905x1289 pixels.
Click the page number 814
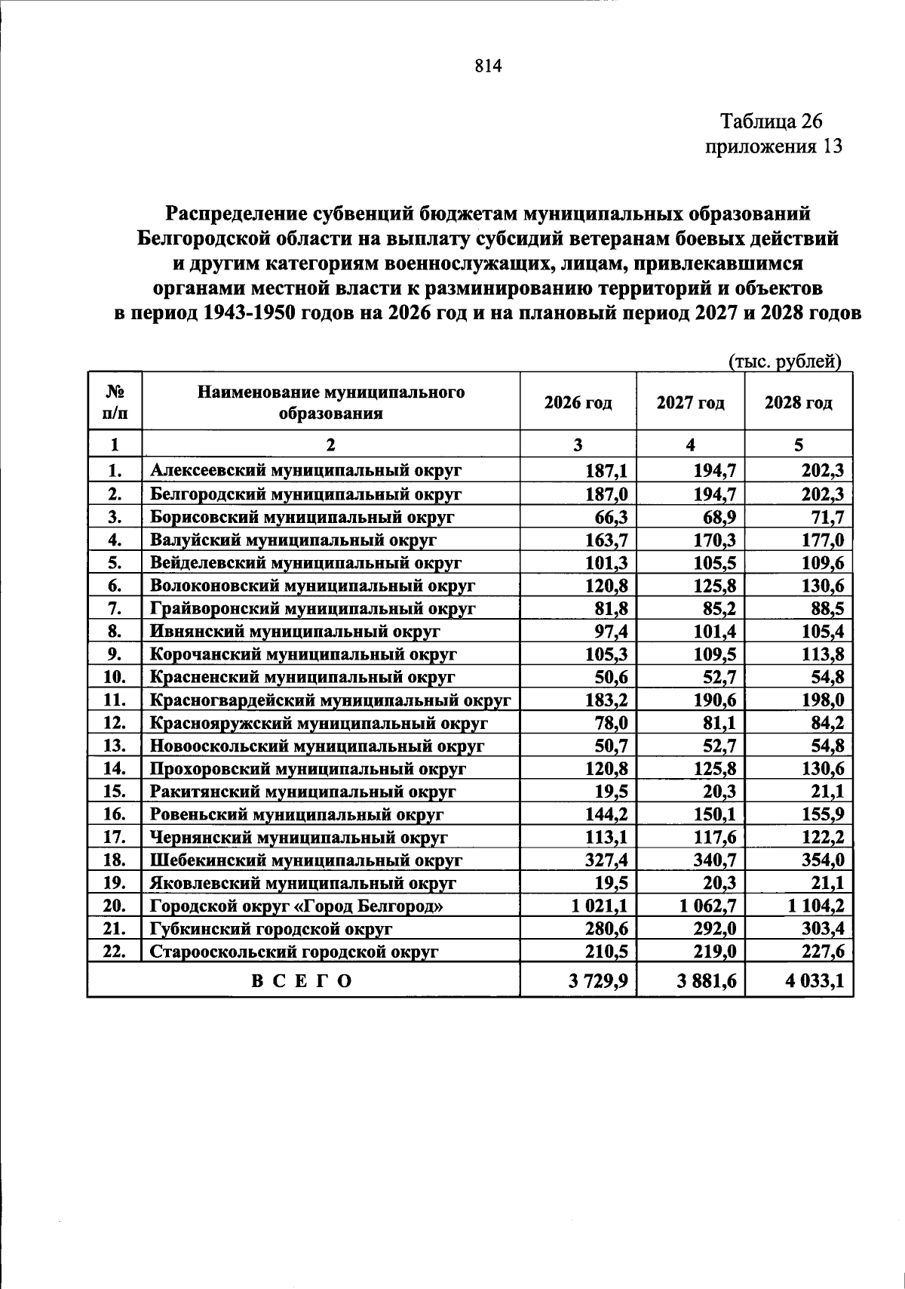click(488, 66)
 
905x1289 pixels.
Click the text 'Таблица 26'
click(771, 121)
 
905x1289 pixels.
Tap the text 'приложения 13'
click(772, 146)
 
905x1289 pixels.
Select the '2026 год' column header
click(578, 402)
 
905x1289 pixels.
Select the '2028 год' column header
click(798, 402)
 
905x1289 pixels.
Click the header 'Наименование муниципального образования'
click(330, 402)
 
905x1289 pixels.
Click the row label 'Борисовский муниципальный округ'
click(302, 517)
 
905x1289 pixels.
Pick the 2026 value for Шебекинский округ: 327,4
click(606, 860)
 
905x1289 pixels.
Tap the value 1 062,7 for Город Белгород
click(707, 906)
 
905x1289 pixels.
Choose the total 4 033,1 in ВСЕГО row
click(814, 981)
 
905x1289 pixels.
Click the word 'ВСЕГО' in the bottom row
click(302, 981)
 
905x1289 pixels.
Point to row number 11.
click(114, 700)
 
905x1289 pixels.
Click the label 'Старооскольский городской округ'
click(294, 952)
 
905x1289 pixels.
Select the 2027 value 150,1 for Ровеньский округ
click(715, 814)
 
